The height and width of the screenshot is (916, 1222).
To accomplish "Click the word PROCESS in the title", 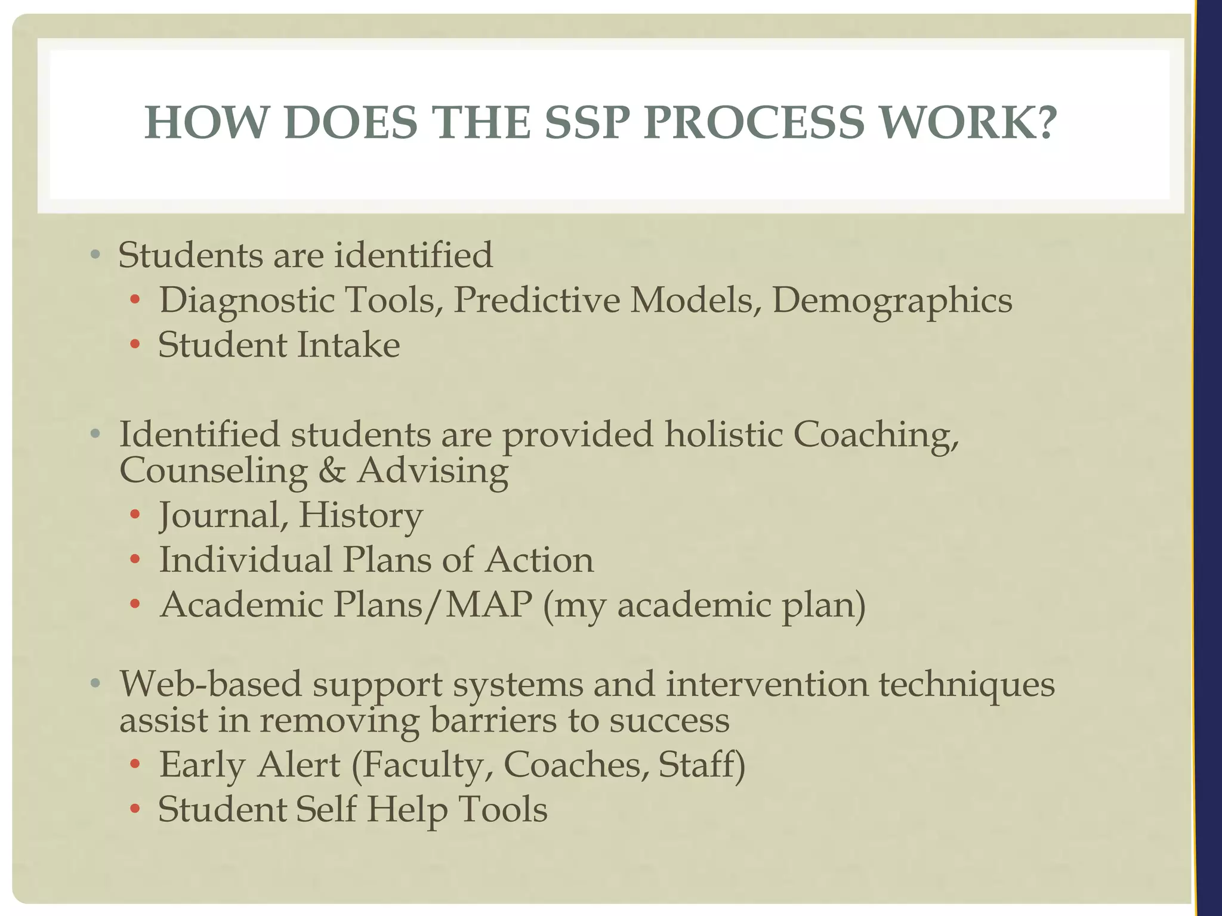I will click(754, 123).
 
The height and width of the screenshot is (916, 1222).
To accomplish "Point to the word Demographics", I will click(892, 300).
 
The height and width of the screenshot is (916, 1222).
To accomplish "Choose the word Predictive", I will click(536, 300).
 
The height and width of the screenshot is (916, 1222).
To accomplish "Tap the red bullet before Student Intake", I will click(135, 345).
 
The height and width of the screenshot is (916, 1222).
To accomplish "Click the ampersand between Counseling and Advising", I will click(332, 471).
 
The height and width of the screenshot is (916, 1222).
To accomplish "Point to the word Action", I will click(539, 560).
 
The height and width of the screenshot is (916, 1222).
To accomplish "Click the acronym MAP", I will click(489, 605).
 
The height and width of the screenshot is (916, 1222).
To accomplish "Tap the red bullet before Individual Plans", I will click(135, 561).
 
